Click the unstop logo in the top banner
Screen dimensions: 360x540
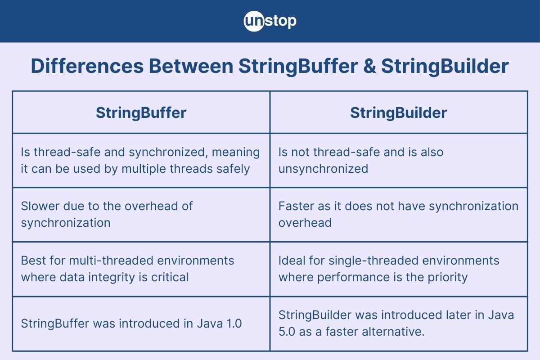[x=270, y=21]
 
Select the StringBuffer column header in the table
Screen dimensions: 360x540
[x=141, y=112]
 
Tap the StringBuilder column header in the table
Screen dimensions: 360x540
[x=399, y=112]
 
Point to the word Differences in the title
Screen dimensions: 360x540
[x=85, y=67]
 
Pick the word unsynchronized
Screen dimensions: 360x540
[x=323, y=169]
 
